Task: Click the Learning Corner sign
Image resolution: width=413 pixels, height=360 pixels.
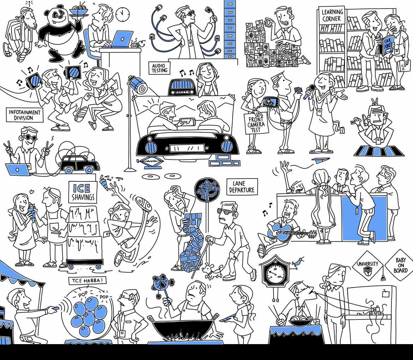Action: [331, 16]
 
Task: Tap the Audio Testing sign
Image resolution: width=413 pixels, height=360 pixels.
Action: [159, 68]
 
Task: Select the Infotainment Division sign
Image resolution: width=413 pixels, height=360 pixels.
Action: [24, 115]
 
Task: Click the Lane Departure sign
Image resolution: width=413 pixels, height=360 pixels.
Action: [241, 187]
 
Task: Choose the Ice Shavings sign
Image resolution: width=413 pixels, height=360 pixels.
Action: [83, 192]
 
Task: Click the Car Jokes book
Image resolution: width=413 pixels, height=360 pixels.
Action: [387, 46]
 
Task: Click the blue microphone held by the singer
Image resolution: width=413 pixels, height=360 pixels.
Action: [309, 91]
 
